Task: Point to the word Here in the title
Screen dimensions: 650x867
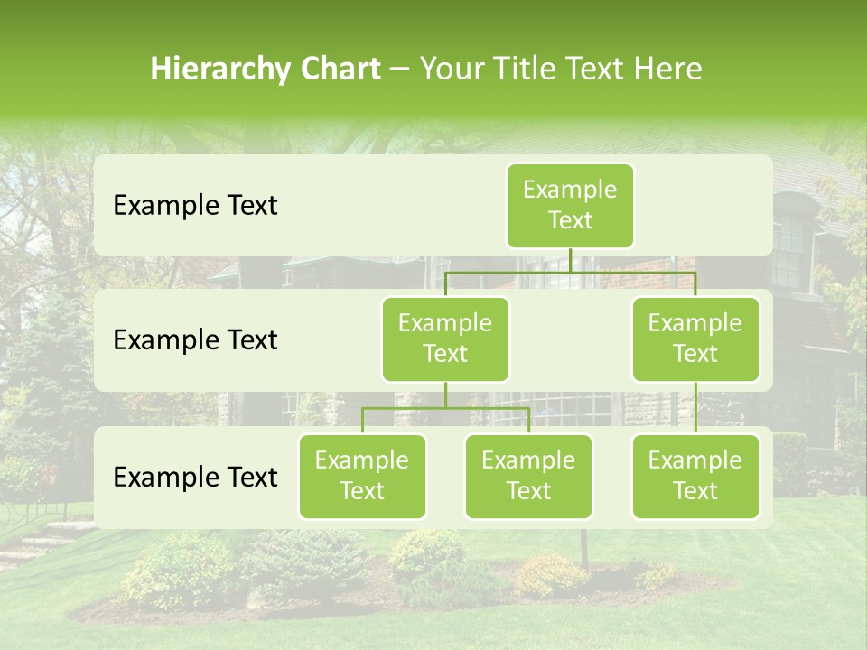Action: click(x=669, y=69)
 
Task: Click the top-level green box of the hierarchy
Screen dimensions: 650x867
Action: click(x=570, y=205)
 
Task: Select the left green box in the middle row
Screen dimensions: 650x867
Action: click(x=445, y=339)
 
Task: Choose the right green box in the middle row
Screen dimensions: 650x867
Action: click(x=695, y=339)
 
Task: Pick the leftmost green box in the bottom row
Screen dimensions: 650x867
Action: click(x=362, y=476)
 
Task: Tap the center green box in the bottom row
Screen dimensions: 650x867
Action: click(x=528, y=476)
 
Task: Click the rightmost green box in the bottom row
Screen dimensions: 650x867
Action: click(x=695, y=476)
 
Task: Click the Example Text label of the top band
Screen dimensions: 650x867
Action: click(x=195, y=205)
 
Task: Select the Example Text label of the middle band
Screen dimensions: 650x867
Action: click(x=195, y=339)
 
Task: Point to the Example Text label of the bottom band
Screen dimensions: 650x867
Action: click(x=195, y=477)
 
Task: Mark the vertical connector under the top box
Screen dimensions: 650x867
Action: click(x=570, y=259)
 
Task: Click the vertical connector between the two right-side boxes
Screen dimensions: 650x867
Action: click(x=695, y=408)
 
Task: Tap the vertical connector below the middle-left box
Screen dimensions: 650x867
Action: click(x=445, y=395)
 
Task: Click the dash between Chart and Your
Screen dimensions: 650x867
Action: click(x=399, y=70)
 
